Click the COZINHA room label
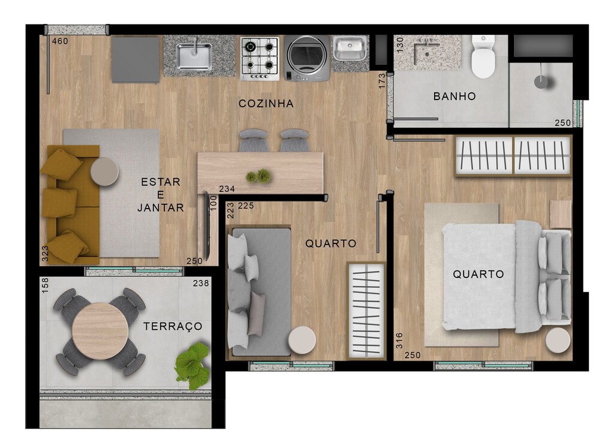click(x=266, y=104)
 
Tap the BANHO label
click(x=455, y=97)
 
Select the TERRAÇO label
click(x=173, y=326)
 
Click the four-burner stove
click(x=260, y=58)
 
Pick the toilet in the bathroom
click(x=483, y=56)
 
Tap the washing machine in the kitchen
click(x=307, y=58)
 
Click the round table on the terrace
click(x=100, y=331)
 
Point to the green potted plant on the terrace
click(x=192, y=366)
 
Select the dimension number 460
click(x=61, y=41)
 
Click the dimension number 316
click(x=399, y=340)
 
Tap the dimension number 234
click(x=227, y=189)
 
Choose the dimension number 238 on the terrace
click(x=201, y=284)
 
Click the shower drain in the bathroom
click(x=541, y=82)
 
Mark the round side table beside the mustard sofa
click(x=104, y=171)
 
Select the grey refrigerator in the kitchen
click(x=136, y=59)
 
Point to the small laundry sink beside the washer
click(x=350, y=49)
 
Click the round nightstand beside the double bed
click(x=558, y=340)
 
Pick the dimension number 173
click(x=382, y=81)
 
